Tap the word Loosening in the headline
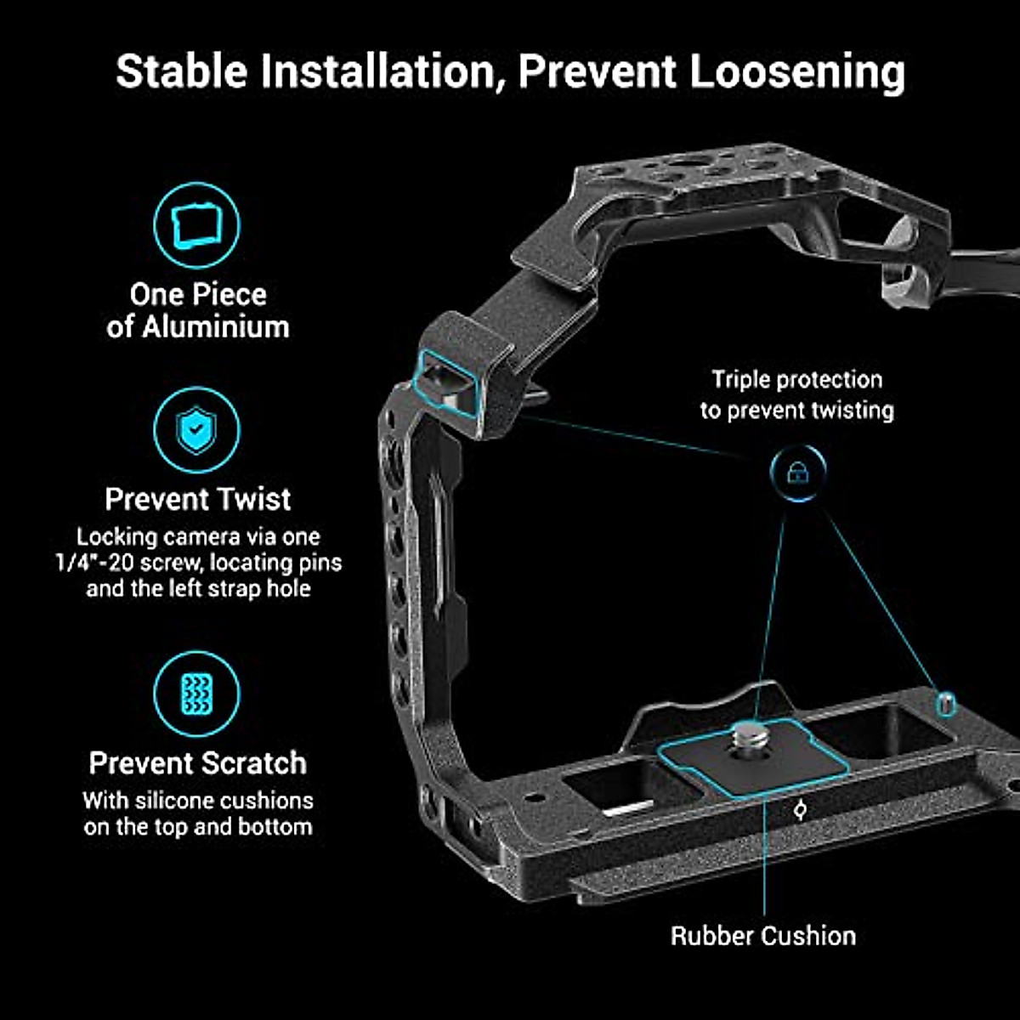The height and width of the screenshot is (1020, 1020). [796, 71]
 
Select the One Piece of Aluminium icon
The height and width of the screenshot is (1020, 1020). [196, 225]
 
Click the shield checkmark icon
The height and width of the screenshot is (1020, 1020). [196, 430]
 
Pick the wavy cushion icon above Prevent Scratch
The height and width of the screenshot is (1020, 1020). [196, 694]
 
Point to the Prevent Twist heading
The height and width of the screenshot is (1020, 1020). [197, 499]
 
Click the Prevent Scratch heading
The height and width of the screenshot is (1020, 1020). [197, 762]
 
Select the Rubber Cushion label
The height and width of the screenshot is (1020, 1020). [762, 936]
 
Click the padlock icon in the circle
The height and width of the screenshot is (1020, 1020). [797, 473]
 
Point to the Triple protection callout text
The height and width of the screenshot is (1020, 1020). [796, 394]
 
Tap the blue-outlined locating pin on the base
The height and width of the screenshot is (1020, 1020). [945, 702]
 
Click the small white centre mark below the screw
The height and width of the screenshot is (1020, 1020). [799, 810]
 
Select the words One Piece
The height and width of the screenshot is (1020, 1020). [197, 294]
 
